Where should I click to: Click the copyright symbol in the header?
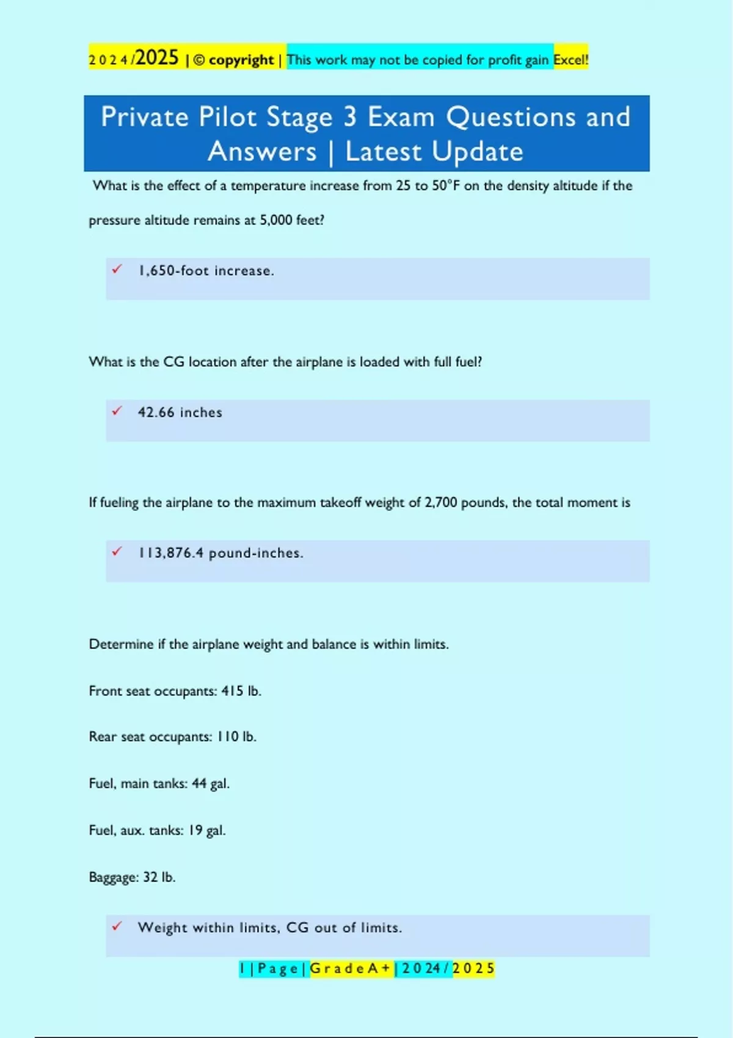point(199,60)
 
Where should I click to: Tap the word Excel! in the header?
point(571,60)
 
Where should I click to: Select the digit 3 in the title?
point(349,117)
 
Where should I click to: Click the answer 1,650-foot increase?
point(206,270)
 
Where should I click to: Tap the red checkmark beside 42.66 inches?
point(117,411)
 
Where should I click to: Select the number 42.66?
point(156,412)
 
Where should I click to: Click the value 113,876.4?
point(170,553)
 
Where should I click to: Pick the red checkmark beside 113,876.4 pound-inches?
point(117,551)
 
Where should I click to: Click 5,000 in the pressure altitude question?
point(276,220)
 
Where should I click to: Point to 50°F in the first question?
point(446,186)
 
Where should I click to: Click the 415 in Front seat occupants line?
point(232,691)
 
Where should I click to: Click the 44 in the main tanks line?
point(199,783)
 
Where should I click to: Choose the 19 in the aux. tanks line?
point(195,830)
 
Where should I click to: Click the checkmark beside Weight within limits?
point(117,926)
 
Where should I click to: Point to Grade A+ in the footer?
point(351,968)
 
